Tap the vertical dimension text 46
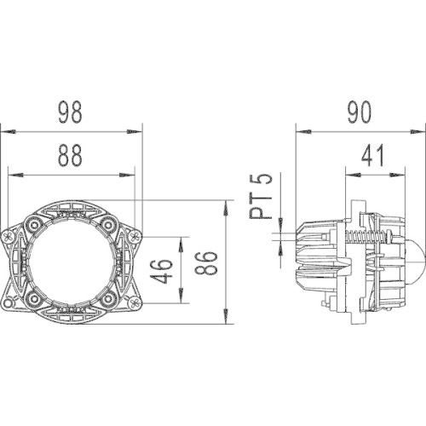tap(167, 271)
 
